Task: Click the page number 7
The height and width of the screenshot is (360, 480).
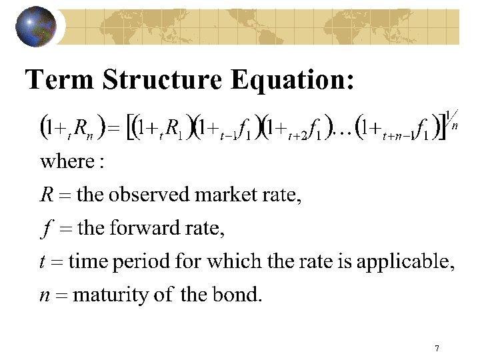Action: pos(436,348)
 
